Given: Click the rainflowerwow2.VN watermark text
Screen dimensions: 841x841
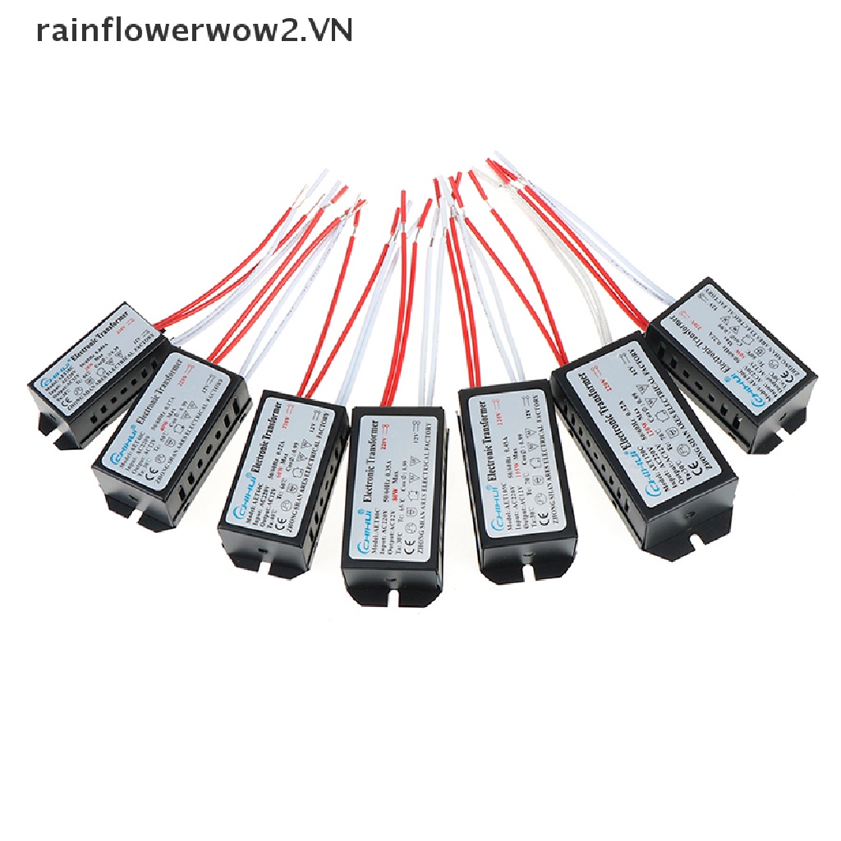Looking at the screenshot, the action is point(195,32).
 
